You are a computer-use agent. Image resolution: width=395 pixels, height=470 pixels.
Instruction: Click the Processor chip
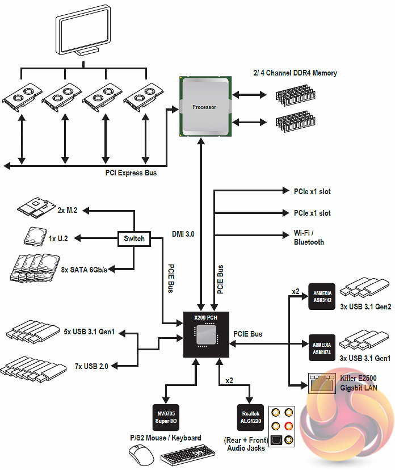[204, 106]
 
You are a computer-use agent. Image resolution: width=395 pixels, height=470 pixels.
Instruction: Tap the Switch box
[135, 238]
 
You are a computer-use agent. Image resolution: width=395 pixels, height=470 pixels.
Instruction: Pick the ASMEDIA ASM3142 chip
[323, 296]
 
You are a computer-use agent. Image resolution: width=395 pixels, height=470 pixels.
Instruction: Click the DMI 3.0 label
[183, 233]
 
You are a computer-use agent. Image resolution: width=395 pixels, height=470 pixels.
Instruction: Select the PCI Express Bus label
[131, 173]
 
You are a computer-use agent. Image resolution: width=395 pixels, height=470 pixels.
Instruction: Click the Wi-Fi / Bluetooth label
[309, 238]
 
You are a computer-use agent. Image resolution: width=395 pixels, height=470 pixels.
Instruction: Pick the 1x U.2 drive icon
[35, 236]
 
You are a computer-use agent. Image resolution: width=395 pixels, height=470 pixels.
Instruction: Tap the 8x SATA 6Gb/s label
[84, 270]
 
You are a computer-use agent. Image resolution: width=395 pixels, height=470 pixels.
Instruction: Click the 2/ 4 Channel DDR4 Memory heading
[295, 73]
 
